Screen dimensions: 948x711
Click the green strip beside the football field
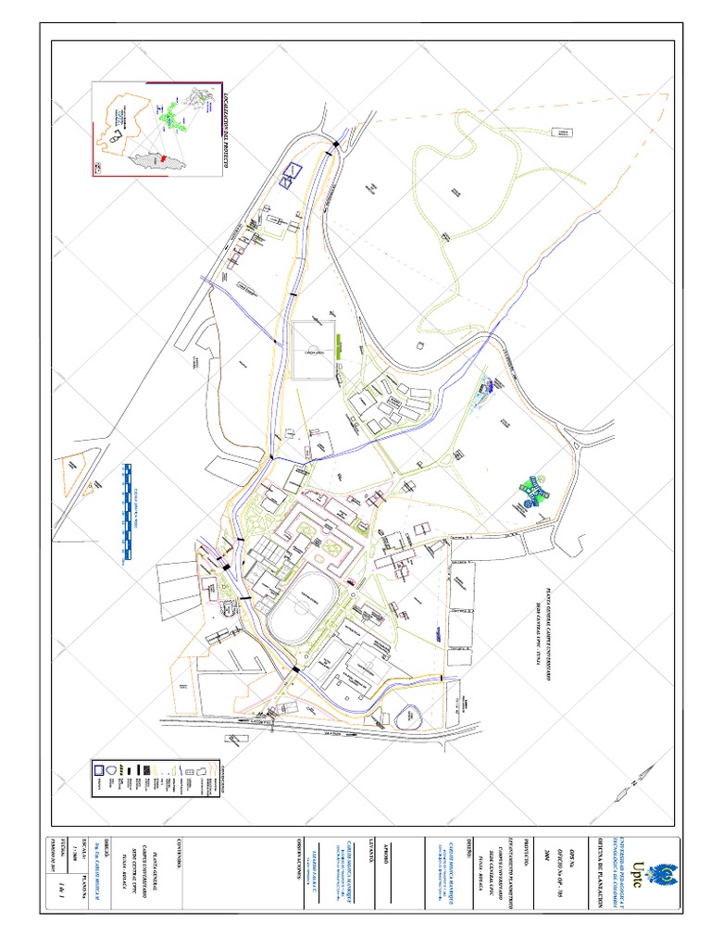pyautogui.click(x=341, y=347)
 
